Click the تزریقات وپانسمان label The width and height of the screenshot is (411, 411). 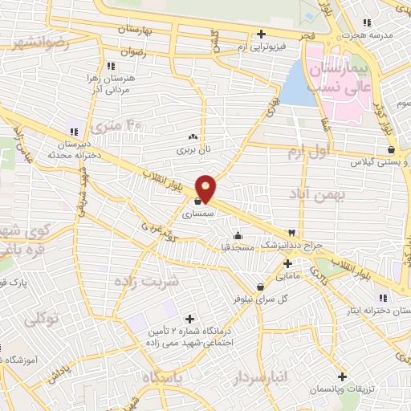(343, 389)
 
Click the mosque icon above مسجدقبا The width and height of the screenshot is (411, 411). (238, 236)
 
